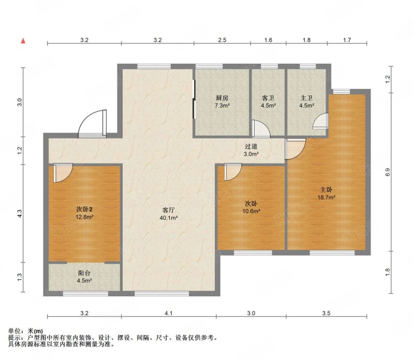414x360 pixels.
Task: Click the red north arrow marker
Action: coord(23,41)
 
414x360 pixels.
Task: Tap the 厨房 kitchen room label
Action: coord(222,98)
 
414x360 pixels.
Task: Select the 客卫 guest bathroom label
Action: coord(268,98)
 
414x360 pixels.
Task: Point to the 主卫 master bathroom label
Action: coord(306,98)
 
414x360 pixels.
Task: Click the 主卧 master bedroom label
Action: coord(327,190)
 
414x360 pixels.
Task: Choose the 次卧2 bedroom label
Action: coord(84,209)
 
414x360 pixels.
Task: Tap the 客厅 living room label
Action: coord(169,211)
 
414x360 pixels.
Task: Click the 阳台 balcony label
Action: coord(84,274)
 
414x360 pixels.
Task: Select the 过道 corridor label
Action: coord(251,146)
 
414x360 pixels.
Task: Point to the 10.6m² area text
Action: coord(252,211)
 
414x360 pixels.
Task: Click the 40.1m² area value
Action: coord(169,218)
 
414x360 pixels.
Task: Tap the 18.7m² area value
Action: coord(327,197)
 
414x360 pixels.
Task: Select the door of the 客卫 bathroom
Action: coord(261,129)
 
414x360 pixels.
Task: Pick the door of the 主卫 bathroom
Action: coord(321,121)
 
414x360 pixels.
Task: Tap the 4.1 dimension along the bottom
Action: coord(169,313)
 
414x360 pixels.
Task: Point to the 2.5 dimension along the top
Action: coord(222,40)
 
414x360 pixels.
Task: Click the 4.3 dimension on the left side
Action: coord(20,213)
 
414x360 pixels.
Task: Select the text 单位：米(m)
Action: coord(25,331)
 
